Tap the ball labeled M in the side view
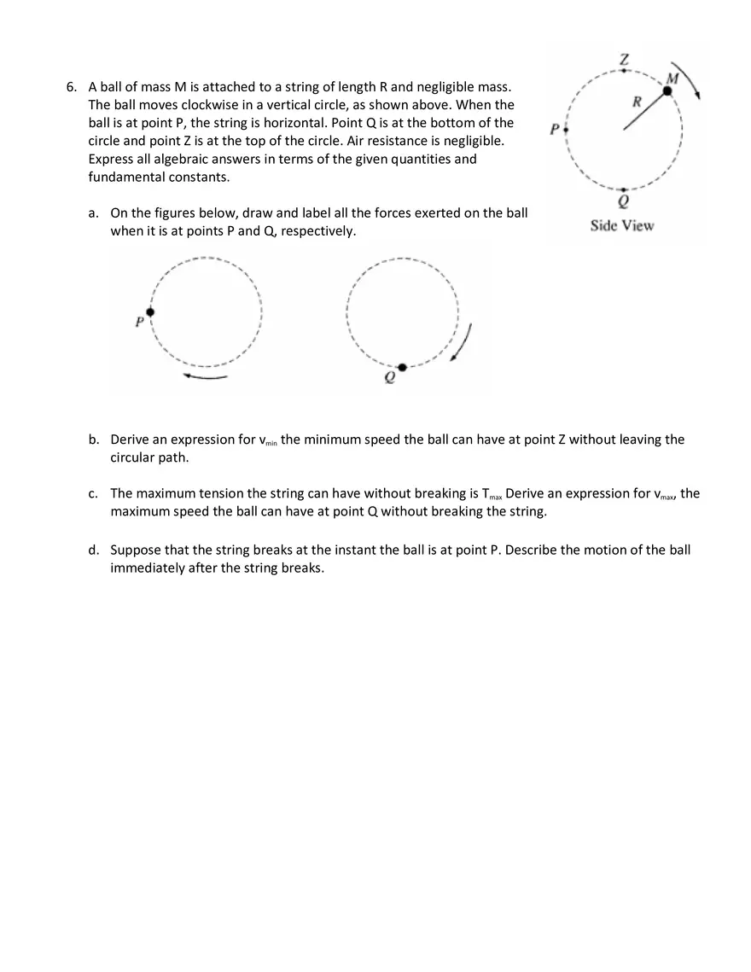click(x=668, y=90)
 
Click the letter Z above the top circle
click(x=625, y=60)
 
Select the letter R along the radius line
click(x=637, y=102)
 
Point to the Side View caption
click(x=622, y=225)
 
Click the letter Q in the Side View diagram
click(x=624, y=203)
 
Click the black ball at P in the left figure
click(x=150, y=312)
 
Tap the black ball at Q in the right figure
click(x=402, y=367)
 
